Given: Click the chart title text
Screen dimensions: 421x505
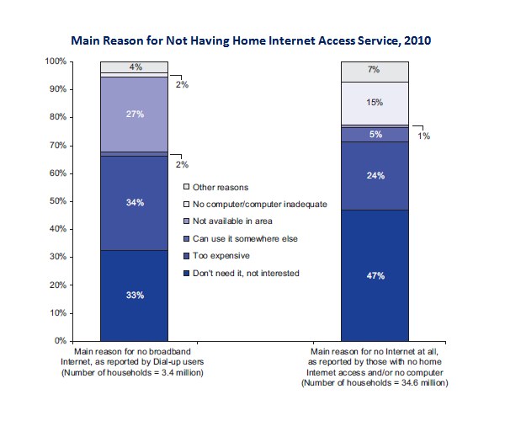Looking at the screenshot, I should pos(252,40).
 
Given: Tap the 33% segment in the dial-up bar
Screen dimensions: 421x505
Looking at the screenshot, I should pos(135,295).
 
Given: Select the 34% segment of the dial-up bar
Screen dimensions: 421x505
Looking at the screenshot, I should pos(135,203).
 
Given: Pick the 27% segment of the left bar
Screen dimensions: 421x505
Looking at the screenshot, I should pos(135,115).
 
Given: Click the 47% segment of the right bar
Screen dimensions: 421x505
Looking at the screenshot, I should pos(375,275).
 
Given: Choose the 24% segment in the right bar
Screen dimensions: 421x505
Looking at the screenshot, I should pos(375,176).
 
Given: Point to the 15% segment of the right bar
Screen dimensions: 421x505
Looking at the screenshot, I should pos(375,103).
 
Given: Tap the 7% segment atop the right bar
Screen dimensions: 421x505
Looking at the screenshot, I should pos(375,70).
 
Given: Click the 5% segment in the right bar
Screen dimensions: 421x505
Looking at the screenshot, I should pos(375,134).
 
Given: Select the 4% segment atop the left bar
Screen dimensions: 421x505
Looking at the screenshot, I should pos(135,67).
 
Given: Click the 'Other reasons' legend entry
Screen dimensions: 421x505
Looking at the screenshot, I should pos(220,186).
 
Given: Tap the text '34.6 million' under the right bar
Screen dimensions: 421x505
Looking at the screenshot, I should pos(421,382).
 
